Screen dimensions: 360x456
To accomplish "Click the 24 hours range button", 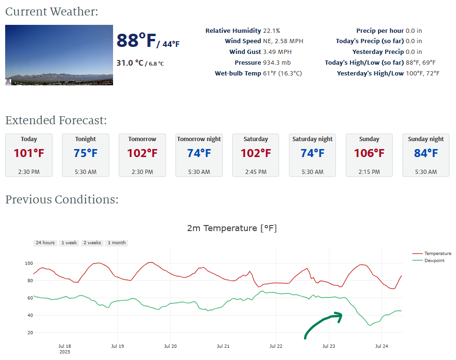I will pos(45,243).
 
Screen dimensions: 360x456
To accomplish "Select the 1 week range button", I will pos(69,243).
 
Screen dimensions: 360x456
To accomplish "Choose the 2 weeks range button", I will pos(92,243).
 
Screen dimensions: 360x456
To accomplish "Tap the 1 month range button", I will pos(116,243).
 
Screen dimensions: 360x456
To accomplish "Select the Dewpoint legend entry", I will pos(434,260).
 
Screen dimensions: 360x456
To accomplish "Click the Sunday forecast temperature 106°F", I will pos(369,153).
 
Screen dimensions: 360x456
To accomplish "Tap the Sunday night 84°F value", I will pos(426,153).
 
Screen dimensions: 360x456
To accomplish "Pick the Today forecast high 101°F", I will pos(29,153).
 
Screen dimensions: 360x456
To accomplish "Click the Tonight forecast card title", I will pos(85,139).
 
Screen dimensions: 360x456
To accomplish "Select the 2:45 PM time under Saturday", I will pos(256,172).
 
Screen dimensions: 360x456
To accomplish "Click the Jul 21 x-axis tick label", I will pos(223,346).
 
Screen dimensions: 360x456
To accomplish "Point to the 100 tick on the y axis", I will pos(29,263).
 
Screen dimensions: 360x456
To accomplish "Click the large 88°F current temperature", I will pos(136,41).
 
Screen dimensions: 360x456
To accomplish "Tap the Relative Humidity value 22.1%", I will pos(271,31).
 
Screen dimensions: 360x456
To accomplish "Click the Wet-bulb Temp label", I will pos(238,74).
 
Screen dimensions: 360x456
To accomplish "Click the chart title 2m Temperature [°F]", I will pos(232,229).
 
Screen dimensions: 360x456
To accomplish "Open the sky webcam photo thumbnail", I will pos(59,55).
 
